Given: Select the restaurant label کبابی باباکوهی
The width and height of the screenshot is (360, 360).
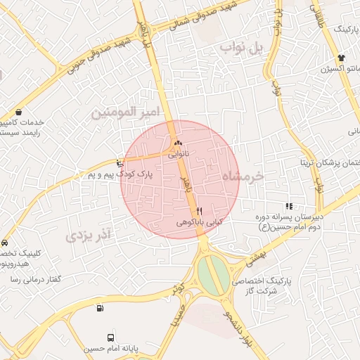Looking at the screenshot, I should tap(199, 221).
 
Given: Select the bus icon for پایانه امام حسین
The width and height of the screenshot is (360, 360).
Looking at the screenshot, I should tap(110, 337).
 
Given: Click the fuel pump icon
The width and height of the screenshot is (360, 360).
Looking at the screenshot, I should tap(101, 308).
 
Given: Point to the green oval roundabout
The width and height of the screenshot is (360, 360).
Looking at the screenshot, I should tap(213, 275).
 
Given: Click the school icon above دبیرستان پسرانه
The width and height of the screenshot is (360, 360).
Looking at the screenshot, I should tap(289, 206).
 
